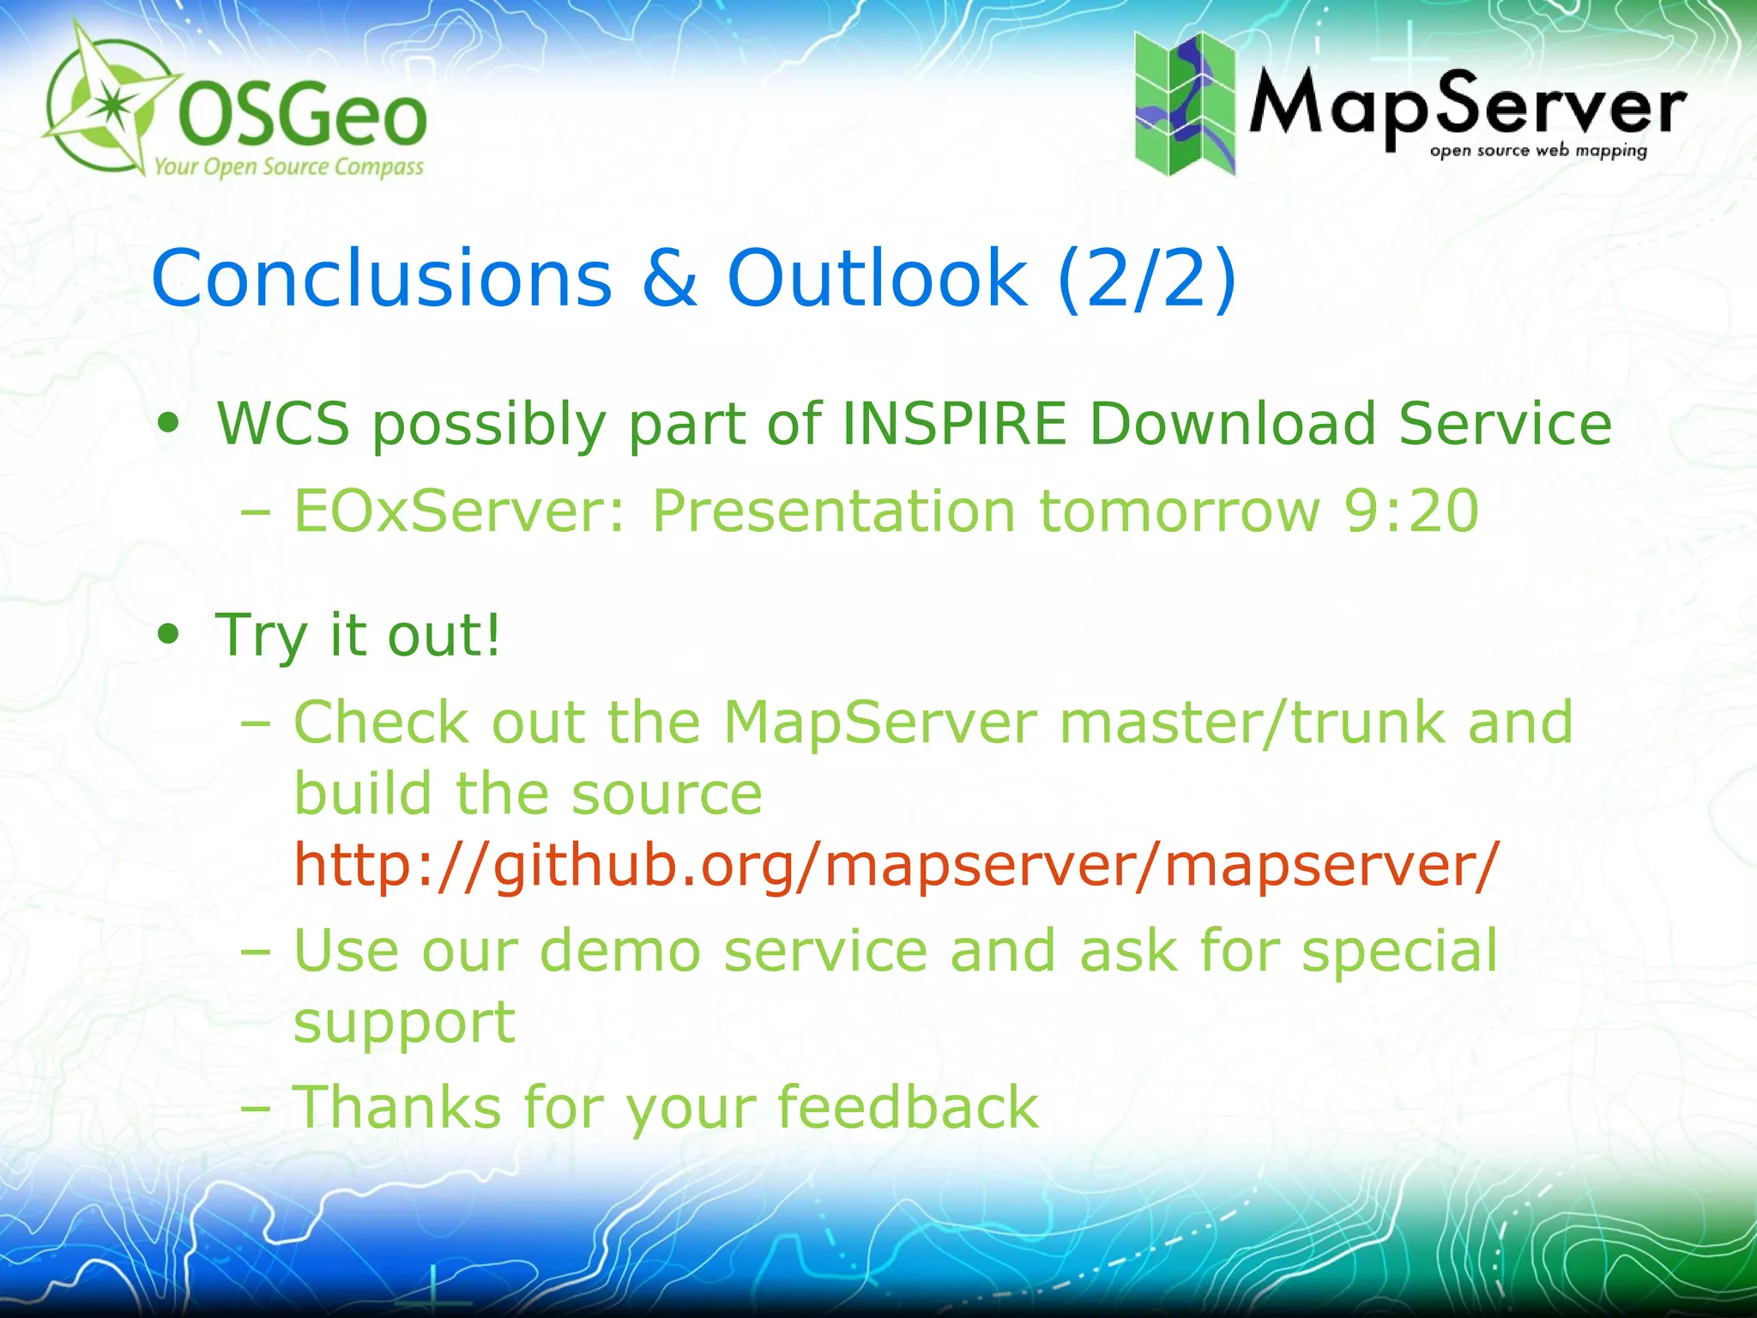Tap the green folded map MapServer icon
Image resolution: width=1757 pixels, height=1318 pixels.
1185,103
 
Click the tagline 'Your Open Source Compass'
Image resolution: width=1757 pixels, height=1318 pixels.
288,166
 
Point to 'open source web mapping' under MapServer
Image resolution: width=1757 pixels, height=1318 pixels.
1538,151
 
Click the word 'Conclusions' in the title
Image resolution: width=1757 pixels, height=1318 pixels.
382,278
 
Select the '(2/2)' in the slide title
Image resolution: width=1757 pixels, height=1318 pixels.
1147,278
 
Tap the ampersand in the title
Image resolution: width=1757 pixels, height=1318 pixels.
669,278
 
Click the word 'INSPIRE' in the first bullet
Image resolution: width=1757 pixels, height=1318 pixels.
954,424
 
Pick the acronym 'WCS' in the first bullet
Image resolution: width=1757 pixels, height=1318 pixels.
283,424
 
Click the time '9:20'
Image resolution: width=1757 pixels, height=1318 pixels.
1411,511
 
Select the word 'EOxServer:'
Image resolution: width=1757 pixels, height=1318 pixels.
460,511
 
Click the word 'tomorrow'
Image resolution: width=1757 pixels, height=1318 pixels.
1179,511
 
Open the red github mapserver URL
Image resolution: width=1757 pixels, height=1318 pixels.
897,865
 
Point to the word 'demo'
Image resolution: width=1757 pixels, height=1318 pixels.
620,951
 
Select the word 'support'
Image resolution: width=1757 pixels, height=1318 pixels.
404,1023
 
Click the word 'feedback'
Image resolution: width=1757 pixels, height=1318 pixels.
908,1107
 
